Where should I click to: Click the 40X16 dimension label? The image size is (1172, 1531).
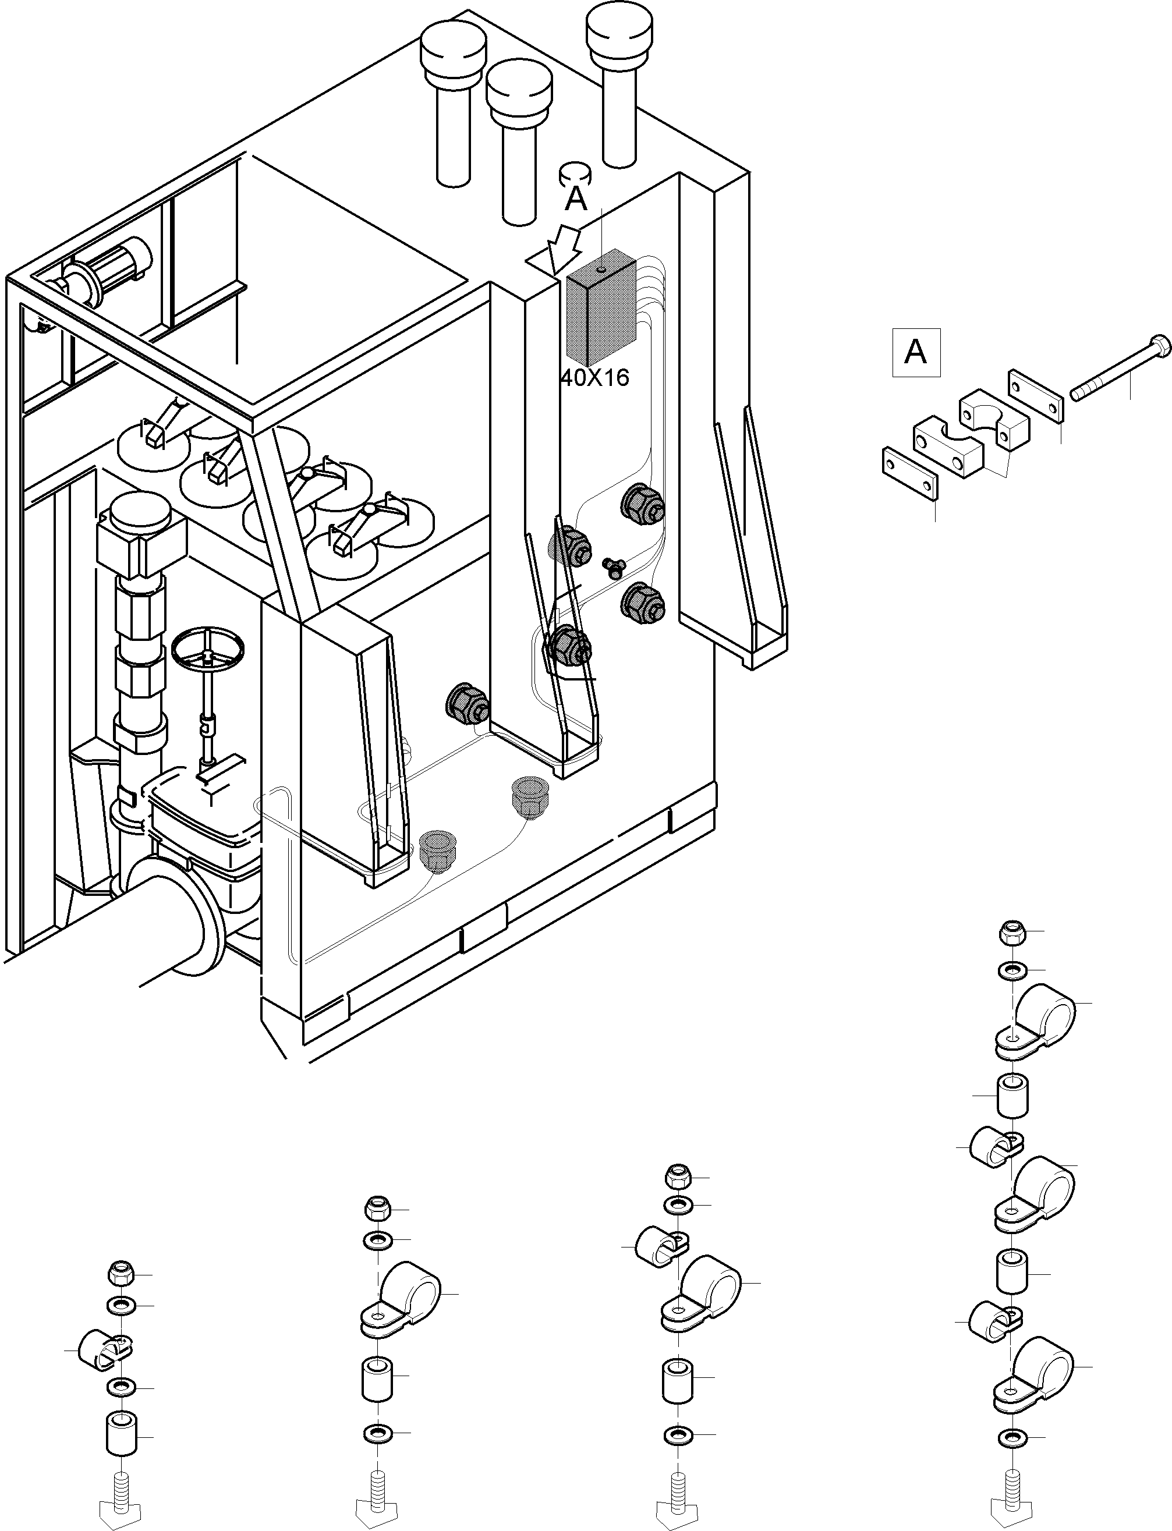click(x=595, y=377)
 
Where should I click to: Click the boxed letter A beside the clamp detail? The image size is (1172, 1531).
click(x=915, y=352)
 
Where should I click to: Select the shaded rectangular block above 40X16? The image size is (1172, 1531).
click(x=602, y=307)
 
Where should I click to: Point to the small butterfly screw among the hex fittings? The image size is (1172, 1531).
click(x=613, y=567)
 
